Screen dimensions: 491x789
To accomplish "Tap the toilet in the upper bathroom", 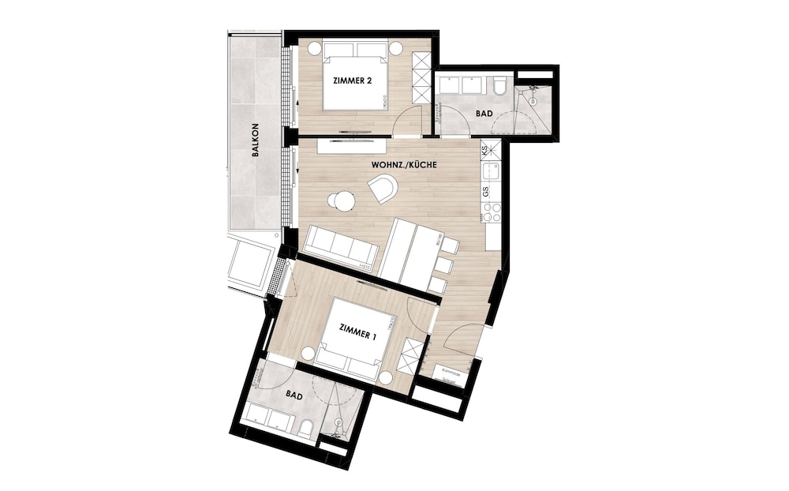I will (x=500, y=88).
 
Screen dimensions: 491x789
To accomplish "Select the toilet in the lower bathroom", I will (x=305, y=427).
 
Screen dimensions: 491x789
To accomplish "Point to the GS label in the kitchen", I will (x=486, y=192).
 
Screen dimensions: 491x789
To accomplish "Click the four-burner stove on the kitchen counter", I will (x=492, y=212).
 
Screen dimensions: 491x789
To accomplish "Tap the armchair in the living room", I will (x=383, y=189).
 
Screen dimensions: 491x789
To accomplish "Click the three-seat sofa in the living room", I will (x=340, y=246).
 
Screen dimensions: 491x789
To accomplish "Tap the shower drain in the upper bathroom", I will (x=534, y=100).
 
